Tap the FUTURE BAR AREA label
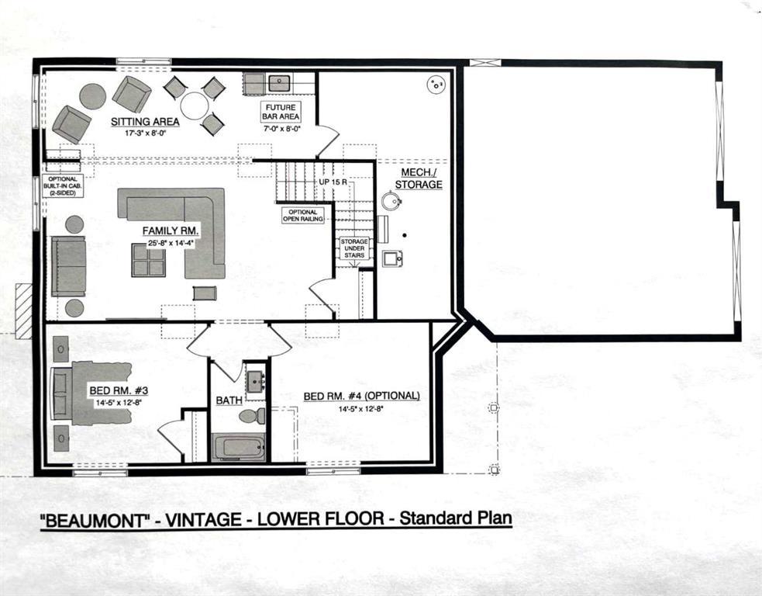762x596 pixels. coord(280,113)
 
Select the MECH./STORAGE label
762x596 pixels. coord(419,178)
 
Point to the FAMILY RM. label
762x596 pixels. coord(171,230)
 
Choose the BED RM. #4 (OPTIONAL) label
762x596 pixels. coord(361,396)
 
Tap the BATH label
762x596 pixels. coord(229,400)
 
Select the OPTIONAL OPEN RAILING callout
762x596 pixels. coord(303,216)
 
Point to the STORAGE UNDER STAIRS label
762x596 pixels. coord(354,248)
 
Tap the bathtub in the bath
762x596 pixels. coord(239,447)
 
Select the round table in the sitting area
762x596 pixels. coord(194,106)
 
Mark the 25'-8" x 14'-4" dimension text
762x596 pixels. coord(171,244)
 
